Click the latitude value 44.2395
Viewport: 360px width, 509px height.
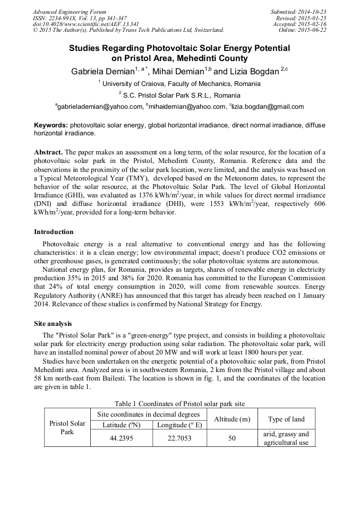coord(121,438)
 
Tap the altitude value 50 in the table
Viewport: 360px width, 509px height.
coord(232,438)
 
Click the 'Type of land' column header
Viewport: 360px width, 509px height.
coord(286,419)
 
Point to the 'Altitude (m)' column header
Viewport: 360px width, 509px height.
coord(232,419)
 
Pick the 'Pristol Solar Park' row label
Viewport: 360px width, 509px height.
coord(67,428)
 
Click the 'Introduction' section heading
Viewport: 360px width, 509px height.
coord(54,232)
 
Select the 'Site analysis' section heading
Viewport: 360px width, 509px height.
coord(53,323)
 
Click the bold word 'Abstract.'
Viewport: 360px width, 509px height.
coord(48,152)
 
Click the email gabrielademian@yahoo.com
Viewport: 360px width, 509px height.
coord(99,107)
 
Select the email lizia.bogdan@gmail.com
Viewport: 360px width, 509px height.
coord(268,107)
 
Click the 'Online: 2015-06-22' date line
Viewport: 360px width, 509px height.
coord(303,30)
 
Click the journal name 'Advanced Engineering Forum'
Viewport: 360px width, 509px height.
coord(70,12)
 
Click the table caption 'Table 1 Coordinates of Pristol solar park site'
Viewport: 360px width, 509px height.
coord(179,404)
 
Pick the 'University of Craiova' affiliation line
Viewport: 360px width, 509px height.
coord(179,84)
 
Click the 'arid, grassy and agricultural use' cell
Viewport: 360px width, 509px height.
coord(286,438)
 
